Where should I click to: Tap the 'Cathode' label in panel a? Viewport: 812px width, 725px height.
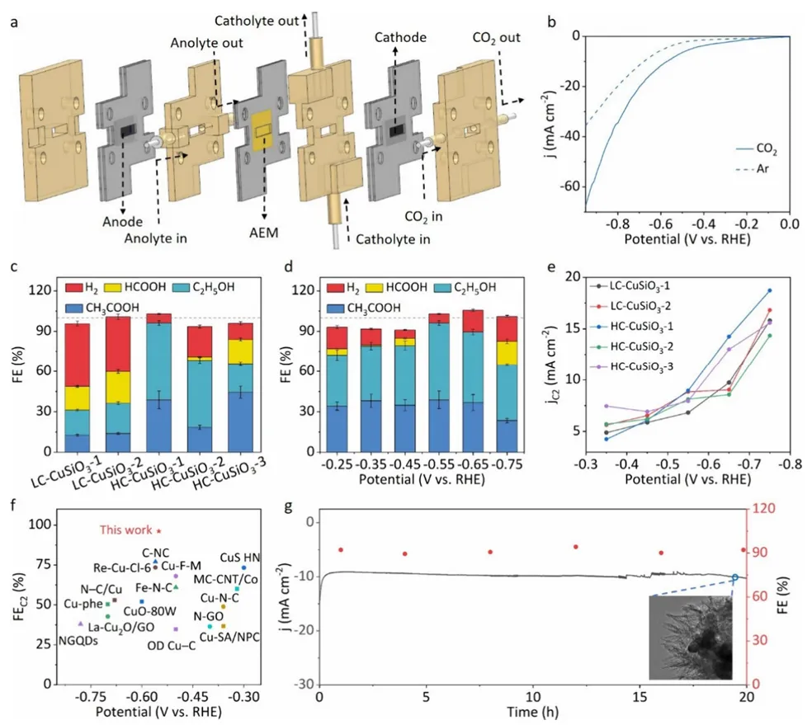tap(400, 38)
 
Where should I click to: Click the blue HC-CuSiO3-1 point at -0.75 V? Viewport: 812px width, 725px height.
tap(769, 290)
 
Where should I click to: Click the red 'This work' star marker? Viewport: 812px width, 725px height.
tap(159, 530)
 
